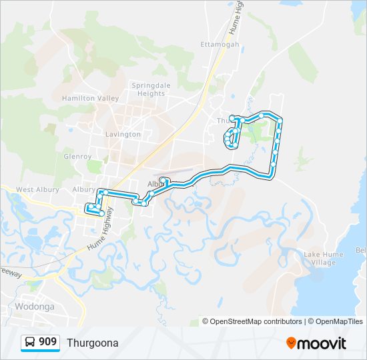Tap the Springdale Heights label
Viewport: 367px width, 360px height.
(x=151, y=89)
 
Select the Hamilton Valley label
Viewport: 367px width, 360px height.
(x=90, y=98)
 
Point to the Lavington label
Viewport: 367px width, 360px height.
(x=123, y=134)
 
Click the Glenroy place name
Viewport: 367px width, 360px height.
(x=77, y=157)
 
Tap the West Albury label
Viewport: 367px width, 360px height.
(x=34, y=190)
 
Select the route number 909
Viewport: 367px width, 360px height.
(x=47, y=342)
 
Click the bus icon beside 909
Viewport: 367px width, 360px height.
(x=31, y=342)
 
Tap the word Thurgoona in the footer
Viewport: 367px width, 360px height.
(x=92, y=343)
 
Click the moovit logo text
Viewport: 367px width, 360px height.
(x=323, y=343)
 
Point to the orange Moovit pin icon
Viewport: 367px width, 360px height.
(x=292, y=343)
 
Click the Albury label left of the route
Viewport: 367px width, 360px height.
(x=83, y=189)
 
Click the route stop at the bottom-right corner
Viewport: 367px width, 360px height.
(x=272, y=176)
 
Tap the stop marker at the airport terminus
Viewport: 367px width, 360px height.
(x=163, y=180)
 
